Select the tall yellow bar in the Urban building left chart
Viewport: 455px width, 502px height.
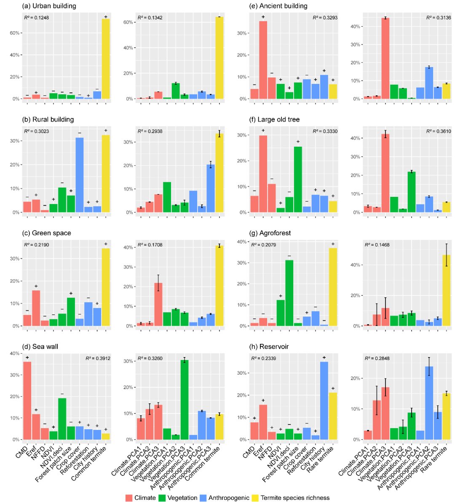tap(106, 59)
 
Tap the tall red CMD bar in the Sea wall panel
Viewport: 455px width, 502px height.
tap(27, 400)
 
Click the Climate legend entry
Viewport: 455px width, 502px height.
tap(141, 498)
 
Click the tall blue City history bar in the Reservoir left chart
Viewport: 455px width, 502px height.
tap(324, 400)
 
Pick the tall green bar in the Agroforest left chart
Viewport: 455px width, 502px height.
tap(289, 293)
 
